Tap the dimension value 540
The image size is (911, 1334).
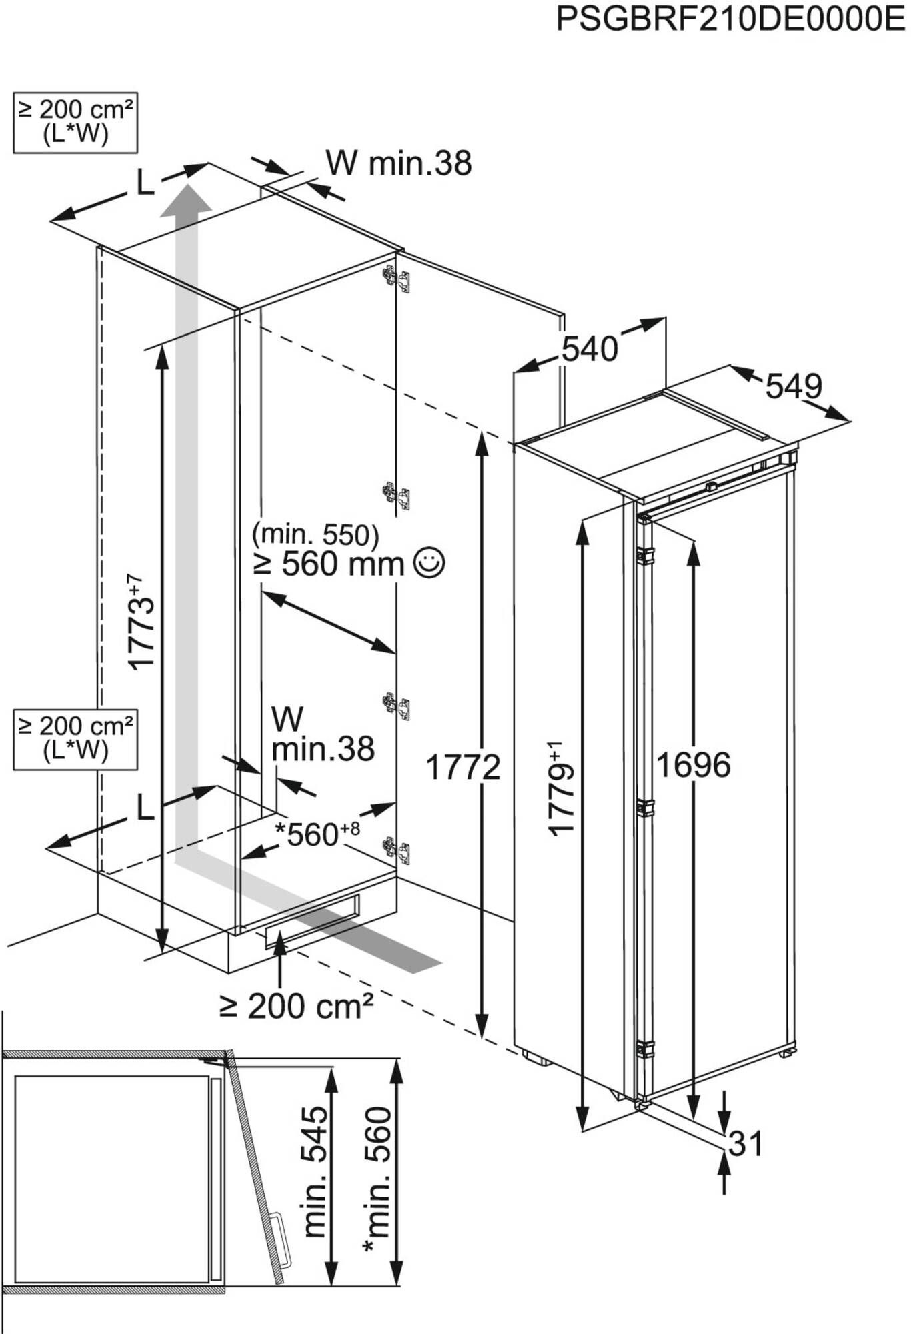pos(590,349)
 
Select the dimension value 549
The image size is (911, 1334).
pos(794,386)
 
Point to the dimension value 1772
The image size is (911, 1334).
pos(463,767)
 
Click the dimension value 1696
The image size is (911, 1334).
pos(694,764)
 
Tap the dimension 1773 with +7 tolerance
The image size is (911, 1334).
pos(140,622)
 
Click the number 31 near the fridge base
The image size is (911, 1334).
pos(745,1143)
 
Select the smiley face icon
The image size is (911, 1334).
pos(429,563)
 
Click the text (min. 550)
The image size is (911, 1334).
pos(315,534)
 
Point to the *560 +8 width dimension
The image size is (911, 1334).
pos(317,834)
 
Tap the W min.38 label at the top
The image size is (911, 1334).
pos(399,163)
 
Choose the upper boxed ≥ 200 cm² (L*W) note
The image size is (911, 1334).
pos(75,123)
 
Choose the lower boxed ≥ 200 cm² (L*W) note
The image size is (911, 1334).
pos(75,739)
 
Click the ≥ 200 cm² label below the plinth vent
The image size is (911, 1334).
pos(296,1007)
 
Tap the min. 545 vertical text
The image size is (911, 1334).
pos(315,1172)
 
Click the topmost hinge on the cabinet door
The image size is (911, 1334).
pos(395,277)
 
